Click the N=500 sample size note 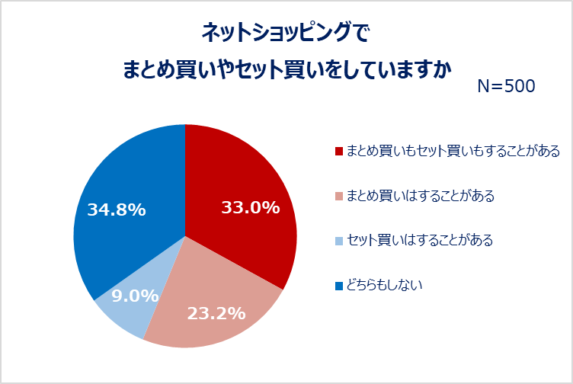506,86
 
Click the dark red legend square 339,152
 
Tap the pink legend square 339,197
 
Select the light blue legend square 339,242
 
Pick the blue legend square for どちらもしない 339,286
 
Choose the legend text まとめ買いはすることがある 421,196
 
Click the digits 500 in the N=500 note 520,86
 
